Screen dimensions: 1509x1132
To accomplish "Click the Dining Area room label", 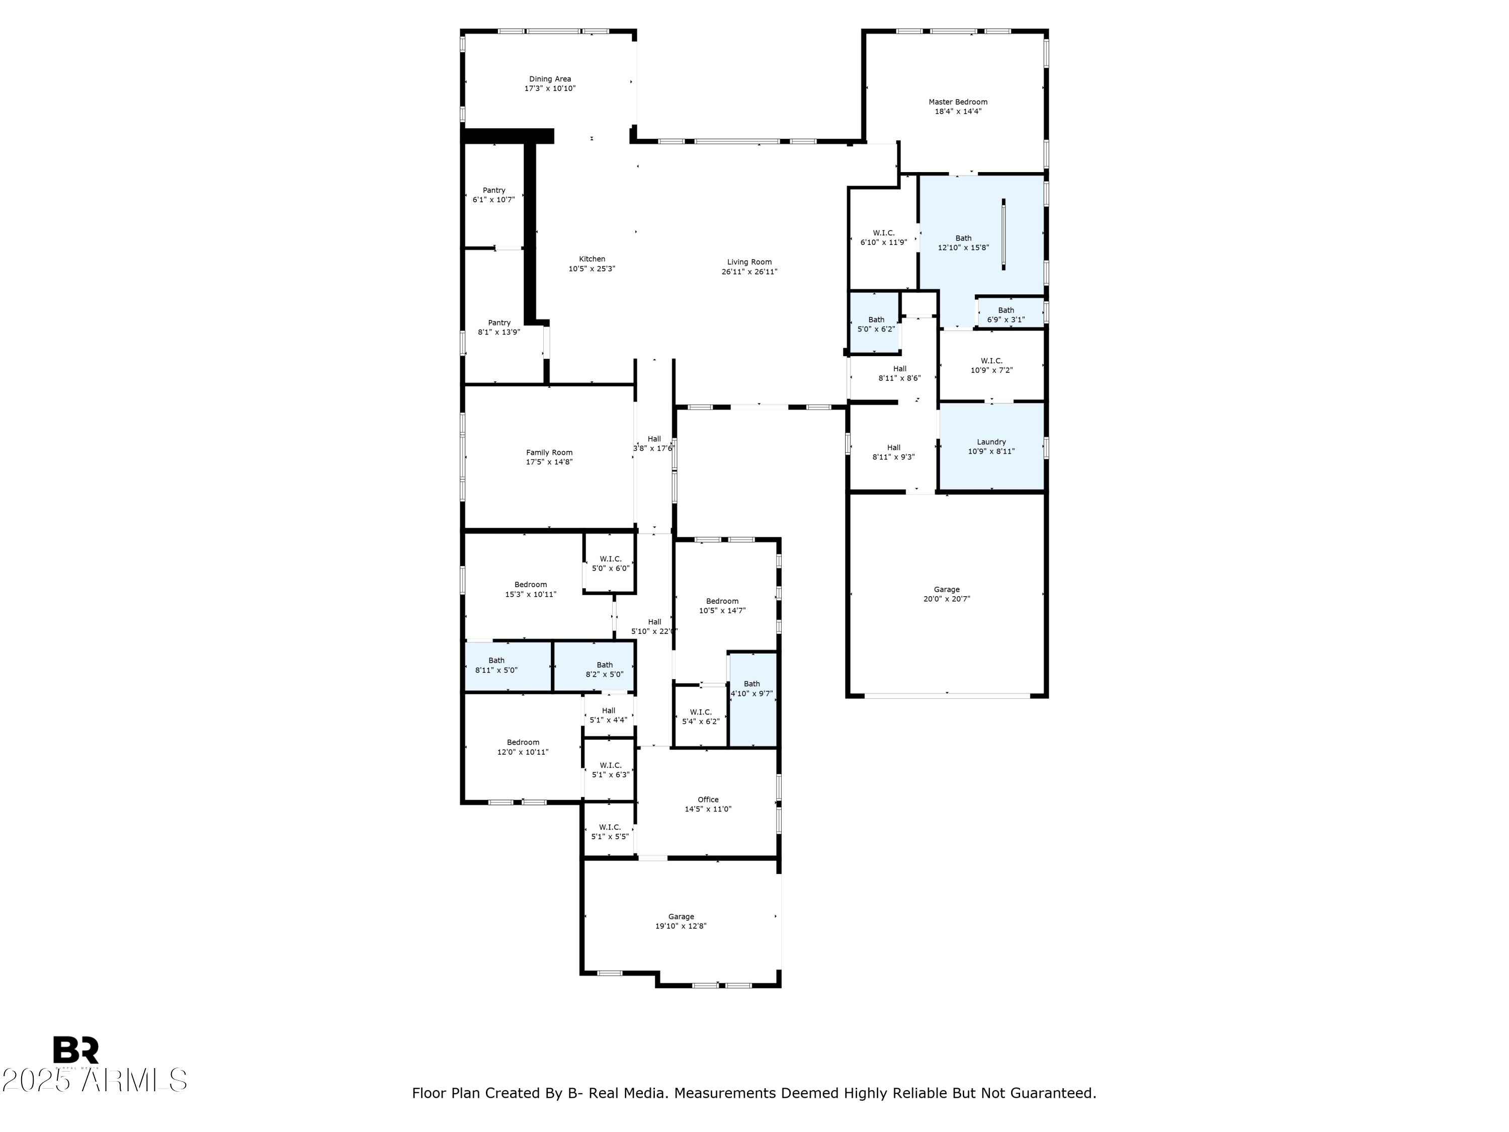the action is (550, 79).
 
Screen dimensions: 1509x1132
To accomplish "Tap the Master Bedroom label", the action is (958, 102).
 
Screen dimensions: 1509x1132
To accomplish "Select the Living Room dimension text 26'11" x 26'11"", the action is (749, 272).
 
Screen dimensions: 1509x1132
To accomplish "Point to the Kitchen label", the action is (592, 259).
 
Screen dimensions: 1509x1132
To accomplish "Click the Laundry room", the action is (992, 446).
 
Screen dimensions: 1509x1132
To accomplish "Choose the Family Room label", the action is (549, 452).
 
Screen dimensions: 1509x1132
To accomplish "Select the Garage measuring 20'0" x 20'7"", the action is (947, 594).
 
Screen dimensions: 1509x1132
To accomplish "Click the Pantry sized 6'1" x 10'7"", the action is (494, 195).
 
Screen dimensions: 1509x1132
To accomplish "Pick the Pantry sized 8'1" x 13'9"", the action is (499, 328).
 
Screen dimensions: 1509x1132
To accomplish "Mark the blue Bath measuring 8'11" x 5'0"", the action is (508, 666).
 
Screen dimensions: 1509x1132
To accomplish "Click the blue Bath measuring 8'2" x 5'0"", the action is (594, 666).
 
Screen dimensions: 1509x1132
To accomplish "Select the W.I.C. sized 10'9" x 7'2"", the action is (992, 366).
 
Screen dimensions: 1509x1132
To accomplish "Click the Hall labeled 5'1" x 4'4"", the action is (609, 715).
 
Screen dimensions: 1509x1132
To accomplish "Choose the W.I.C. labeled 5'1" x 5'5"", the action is (610, 831).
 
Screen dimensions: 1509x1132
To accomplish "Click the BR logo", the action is (76, 1050).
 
